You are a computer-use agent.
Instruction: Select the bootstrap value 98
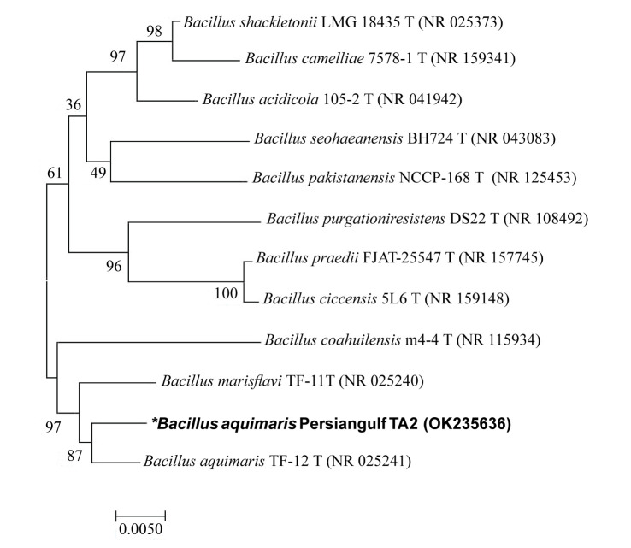(x=154, y=31)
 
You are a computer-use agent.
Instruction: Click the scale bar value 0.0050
(x=140, y=527)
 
